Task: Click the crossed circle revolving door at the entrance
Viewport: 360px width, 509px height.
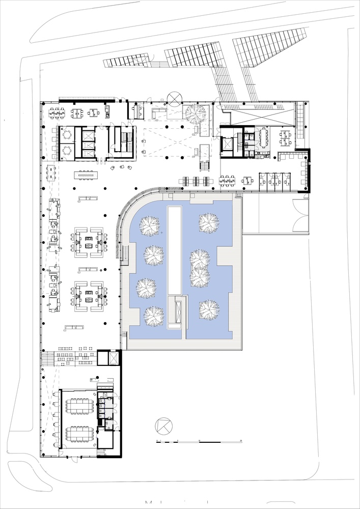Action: tap(175, 97)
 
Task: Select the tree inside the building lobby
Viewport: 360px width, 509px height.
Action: tap(195, 114)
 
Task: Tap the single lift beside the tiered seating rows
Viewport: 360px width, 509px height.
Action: tap(109, 357)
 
